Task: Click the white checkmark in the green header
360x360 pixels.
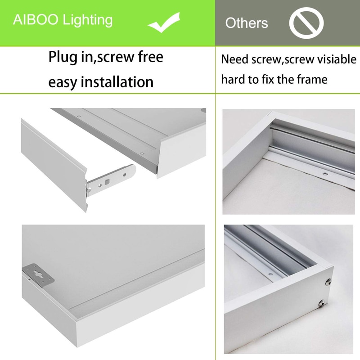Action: pyautogui.click(x=164, y=24)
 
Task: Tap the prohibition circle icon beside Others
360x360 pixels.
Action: pyautogui.click(x=306, y=23)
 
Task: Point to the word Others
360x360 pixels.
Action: pyautogui.click(x=246, y=23)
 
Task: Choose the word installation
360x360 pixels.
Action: pyautogui.click(x=117, y=82)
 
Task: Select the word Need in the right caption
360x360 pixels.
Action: pyautogui.click(x=235, y=59)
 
